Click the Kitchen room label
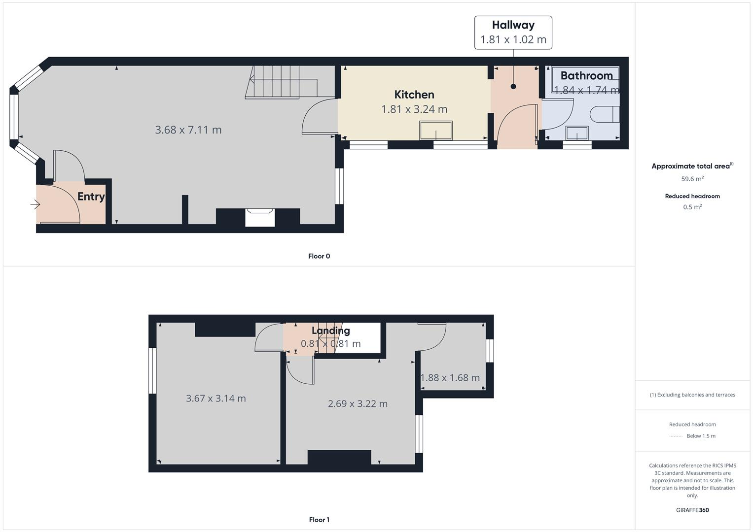point(414,95)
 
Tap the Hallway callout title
point(513,25)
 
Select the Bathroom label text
point(586,76)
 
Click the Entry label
point(91,197)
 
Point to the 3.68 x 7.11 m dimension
point(188,130)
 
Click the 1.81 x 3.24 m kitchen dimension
point(414,109)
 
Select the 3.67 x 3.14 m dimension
point(215,399)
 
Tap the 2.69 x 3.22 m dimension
point(358,404)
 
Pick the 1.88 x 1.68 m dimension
point(450,378)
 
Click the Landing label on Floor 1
point(330,331)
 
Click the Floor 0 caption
point(319,256)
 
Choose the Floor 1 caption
point(319,520)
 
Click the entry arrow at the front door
point(35,204)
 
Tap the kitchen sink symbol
point(435,131)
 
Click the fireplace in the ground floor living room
point(260,217)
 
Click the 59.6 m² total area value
point(692,179)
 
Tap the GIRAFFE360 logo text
point(692,510)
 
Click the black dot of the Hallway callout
point(513,86)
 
